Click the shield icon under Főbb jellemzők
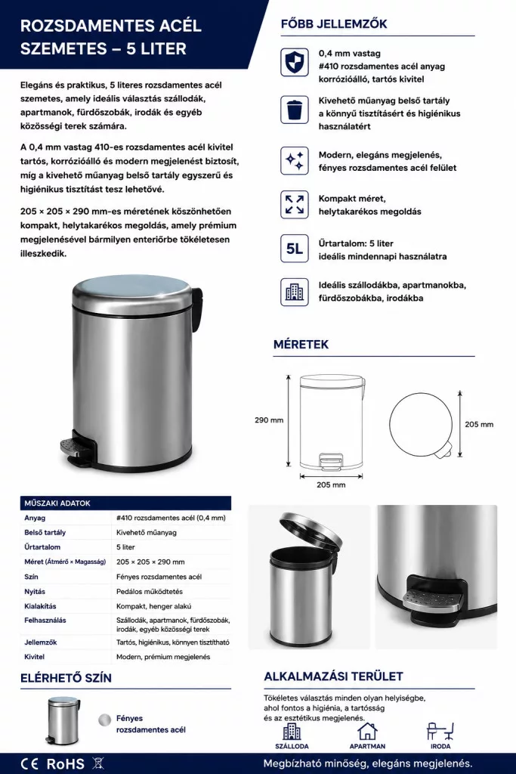[295, 62]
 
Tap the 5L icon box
[295, 248]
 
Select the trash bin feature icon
[295, 109]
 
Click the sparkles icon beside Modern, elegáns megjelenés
[295, 160]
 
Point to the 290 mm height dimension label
[269, 420]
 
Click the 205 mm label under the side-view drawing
[331, 485]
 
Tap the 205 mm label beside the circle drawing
[479, 424]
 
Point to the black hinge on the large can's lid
[197, 306]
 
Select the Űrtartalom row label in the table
[42, 547]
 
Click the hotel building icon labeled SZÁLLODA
[292, 731]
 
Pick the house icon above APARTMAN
[367, 731]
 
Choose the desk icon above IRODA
[440, 731]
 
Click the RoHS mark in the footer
[65, 763]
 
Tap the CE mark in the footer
[29, 763]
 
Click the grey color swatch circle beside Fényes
[104, 720]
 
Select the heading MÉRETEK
[301, 345]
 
